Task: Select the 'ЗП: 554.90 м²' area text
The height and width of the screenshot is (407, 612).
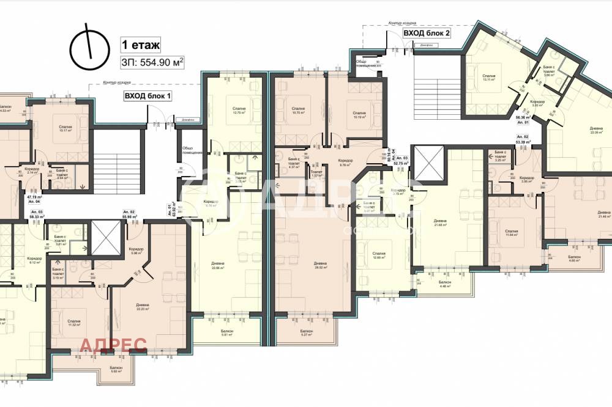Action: [153, 62]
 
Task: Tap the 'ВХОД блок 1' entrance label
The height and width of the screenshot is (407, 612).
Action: [147, 96]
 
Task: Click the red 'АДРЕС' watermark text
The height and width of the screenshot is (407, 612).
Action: [113, 345]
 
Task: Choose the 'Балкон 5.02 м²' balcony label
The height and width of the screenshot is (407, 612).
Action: [117, 369]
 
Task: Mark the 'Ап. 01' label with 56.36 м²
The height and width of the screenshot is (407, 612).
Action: [522, 120]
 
